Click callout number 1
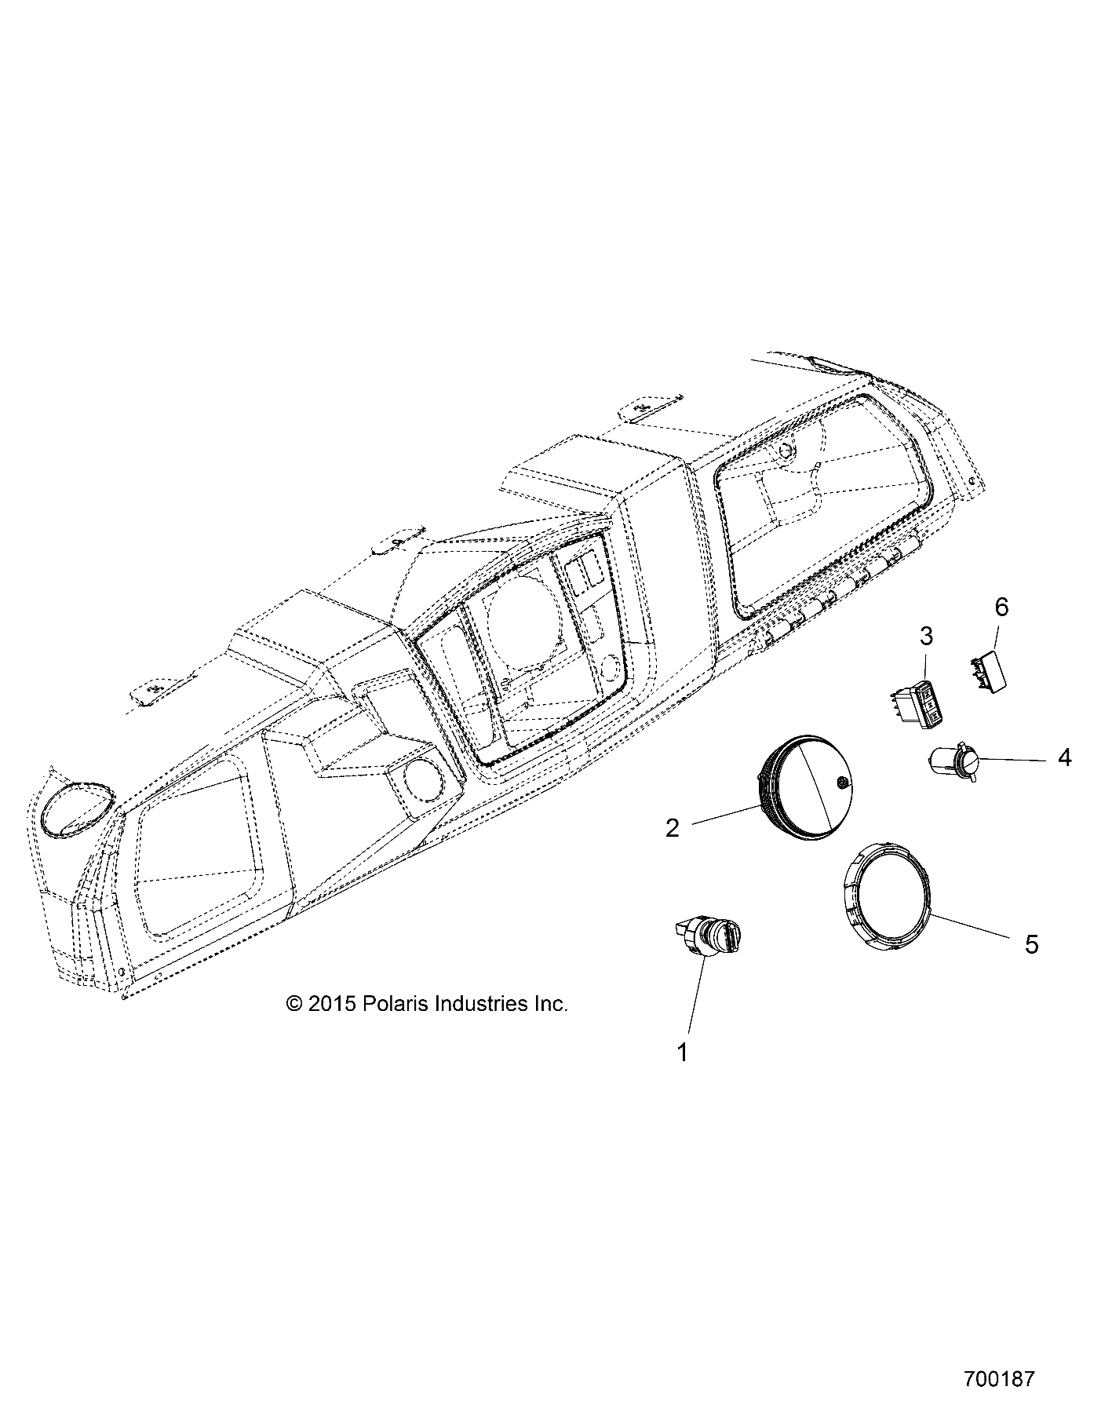(683, 1053)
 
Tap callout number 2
(673, 828)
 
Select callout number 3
(926, 637)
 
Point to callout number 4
(1064, 757)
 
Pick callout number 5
(1031, 944)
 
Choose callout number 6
(1001, 607)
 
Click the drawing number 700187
(999, 1377)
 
